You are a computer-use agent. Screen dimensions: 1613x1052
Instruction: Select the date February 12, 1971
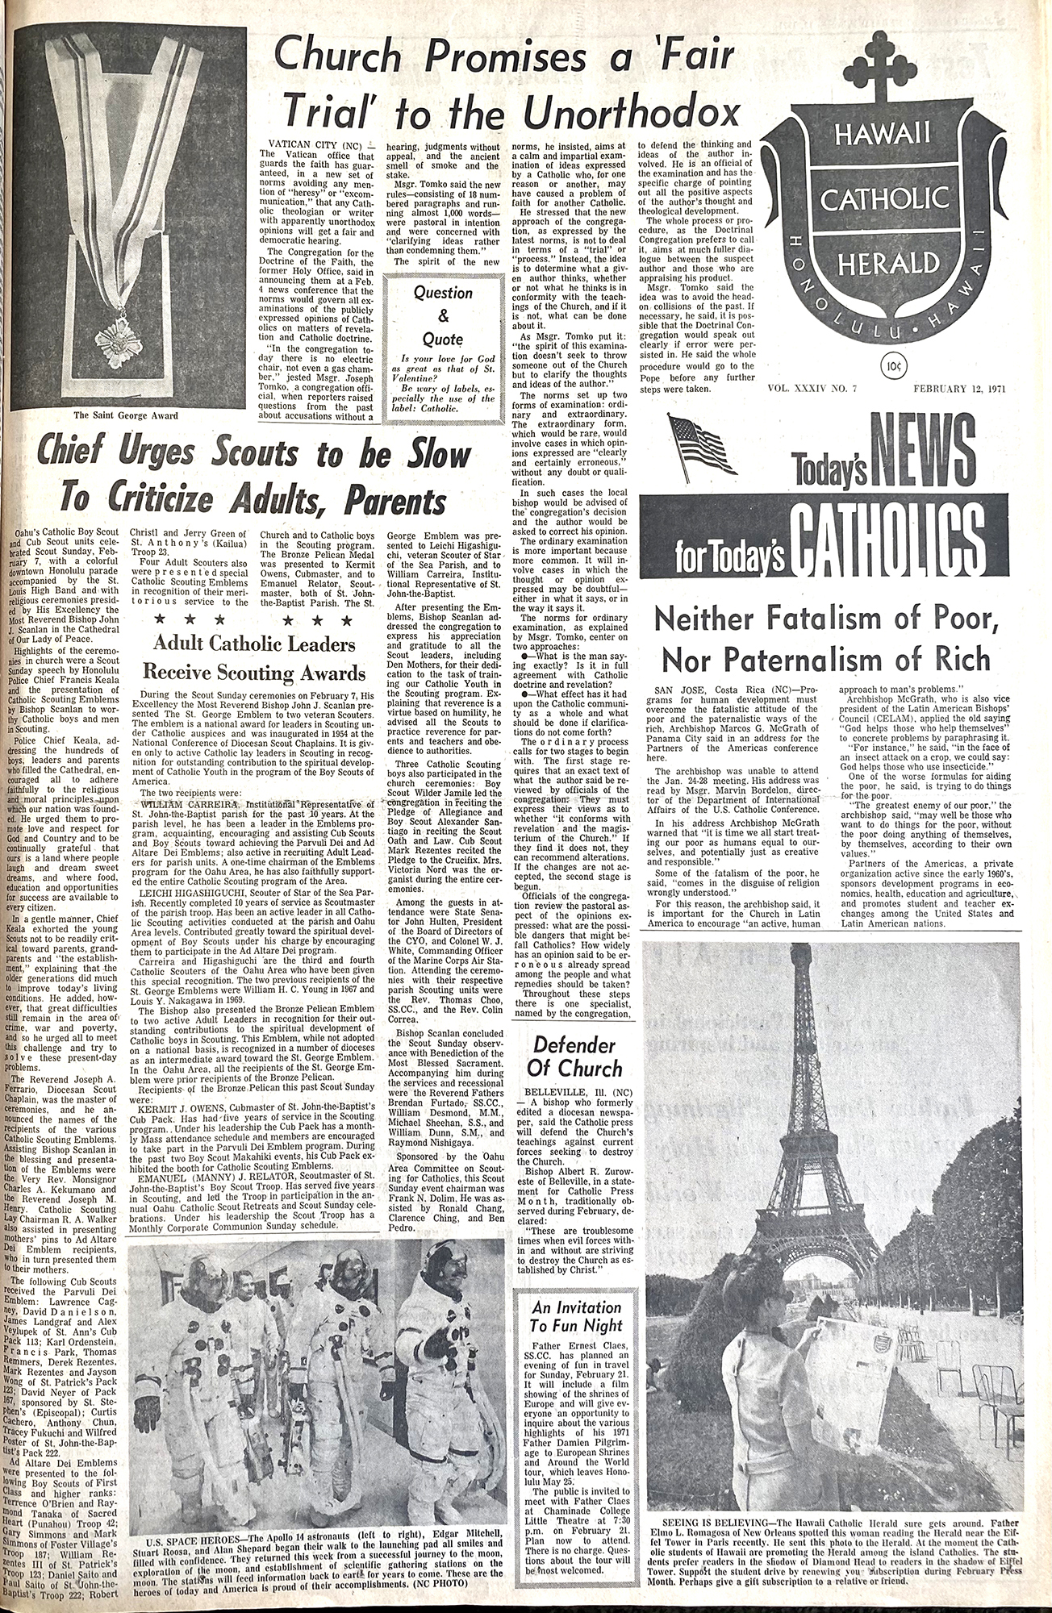click(x=963, y=389)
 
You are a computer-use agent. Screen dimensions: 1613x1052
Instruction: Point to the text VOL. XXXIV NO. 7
click(x=818, y=389)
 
